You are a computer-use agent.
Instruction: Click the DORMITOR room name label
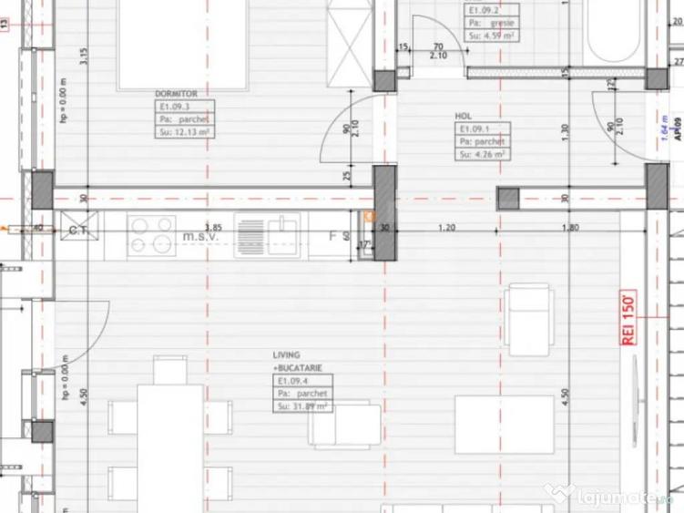(x=170, y=93)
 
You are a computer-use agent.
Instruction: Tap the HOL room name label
(x=464, y=117)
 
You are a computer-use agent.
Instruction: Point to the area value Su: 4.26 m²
(x=483, y=154)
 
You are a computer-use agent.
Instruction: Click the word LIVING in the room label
(x=286, y=354)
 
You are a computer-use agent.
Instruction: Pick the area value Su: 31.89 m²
(x=301, y=405)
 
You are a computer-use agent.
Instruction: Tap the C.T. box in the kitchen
(x=77, y=231)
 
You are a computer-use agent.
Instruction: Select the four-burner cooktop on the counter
(x=152, y=234)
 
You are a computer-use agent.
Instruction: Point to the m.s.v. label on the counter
(x=200, y=236)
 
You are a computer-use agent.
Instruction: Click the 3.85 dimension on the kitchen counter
(x=213, y=226)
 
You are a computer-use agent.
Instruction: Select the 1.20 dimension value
(x=447, y=227)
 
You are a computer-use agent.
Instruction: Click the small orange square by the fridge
(x=369, y=216)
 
